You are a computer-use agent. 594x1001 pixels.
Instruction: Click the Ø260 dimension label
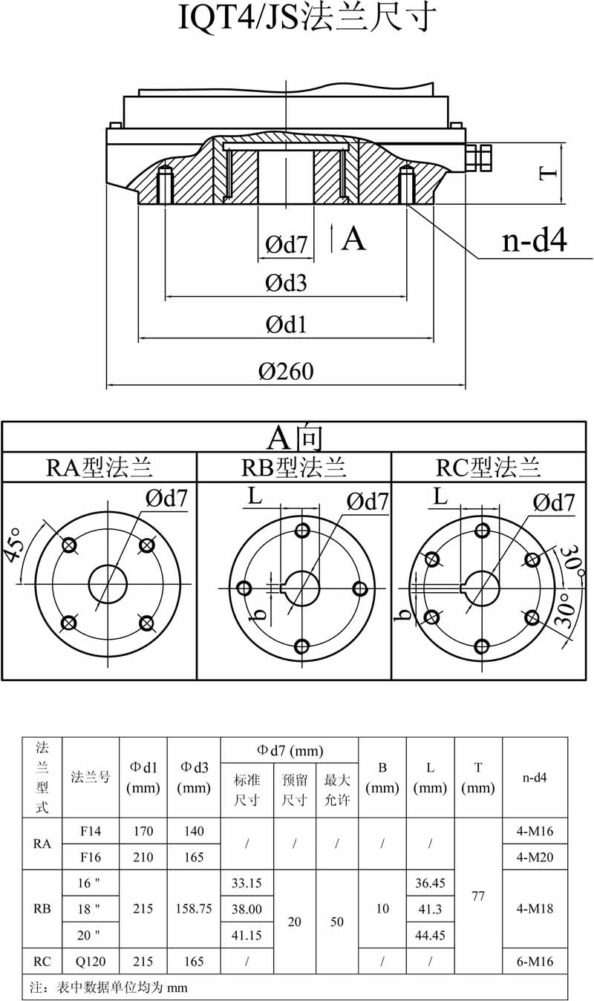(x=286, y=371)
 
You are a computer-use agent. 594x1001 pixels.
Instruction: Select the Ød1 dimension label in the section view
(x=286, y=324)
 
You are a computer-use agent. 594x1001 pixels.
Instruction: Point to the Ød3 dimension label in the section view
(x=286, y=283)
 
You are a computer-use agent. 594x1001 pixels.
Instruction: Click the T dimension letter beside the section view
(x=548, y=174)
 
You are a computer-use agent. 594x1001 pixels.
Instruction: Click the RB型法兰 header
(x=294, y=467)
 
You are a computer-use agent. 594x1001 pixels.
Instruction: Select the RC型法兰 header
(x=488, y=467)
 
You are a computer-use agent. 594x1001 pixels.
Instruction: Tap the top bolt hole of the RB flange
(x=302, y=531)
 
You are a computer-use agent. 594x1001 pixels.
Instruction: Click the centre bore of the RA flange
(x=108, y=584)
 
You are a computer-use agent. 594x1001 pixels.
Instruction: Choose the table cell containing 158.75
(x=194, y=908)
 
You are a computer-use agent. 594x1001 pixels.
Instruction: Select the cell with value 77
(x=478, y=896)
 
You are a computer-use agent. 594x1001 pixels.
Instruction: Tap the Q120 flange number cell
(x=91, y=962)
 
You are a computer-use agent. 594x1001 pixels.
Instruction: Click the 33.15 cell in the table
(x=247, y=882)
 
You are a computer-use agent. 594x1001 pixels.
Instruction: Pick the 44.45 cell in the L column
(x=430, y=935)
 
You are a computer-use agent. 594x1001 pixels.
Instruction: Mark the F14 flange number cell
(x=91, y=831)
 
